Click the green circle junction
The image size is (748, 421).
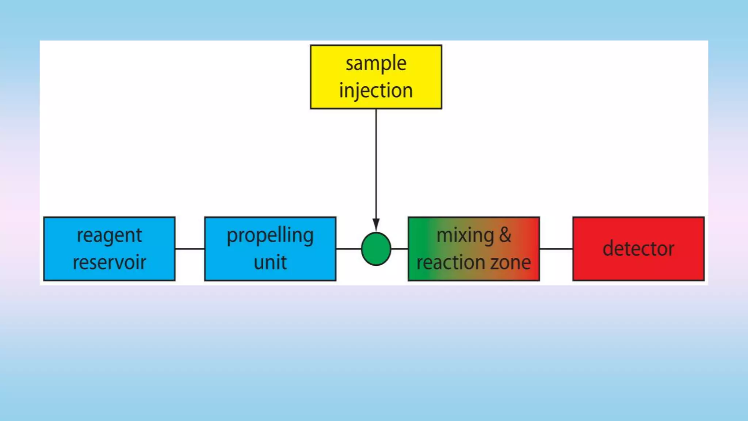[x=376, y=249]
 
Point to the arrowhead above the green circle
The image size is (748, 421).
[x=376, y=224]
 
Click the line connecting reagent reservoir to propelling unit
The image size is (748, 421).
[x=190, y=249]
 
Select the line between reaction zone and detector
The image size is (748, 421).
[x=556, y=249]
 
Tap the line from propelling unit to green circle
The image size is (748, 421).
[x=348, y=249]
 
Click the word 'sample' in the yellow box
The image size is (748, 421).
[x=376, y=64]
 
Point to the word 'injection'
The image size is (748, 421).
[x=376, y=91]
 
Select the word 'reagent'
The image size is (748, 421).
[x=109, y=236]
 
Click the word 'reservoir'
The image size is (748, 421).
[x=109, y=262]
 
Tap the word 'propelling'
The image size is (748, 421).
[x=270, y=236]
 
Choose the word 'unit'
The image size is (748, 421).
[x=270, y=262]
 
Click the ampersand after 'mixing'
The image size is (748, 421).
[x=505, y=235]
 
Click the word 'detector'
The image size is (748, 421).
[x=638, y=249]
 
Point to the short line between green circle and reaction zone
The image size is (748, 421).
[x=400, y=249]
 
